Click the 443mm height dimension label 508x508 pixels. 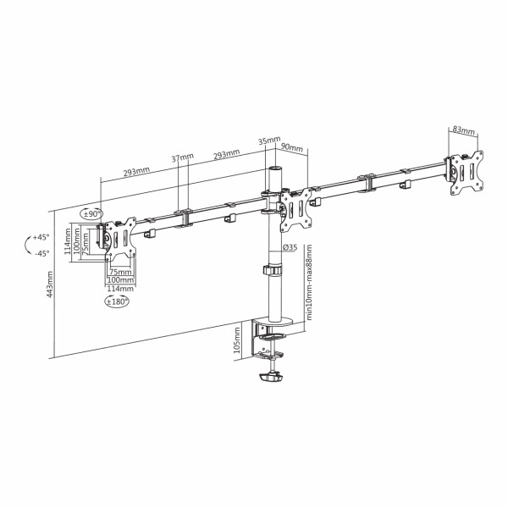pos(50,285)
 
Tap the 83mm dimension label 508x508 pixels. pos(464,130)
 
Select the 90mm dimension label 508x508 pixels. pos(291,147)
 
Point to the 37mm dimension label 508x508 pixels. pos(182,157)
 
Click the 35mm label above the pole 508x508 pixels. pos(269,141)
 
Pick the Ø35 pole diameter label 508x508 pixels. pos(290,247)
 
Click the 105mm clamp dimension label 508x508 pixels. pos(237,340)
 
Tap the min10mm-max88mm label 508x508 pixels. pos(309,282)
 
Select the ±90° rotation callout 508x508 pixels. pos(91,214)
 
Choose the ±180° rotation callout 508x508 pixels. pos(117,301)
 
